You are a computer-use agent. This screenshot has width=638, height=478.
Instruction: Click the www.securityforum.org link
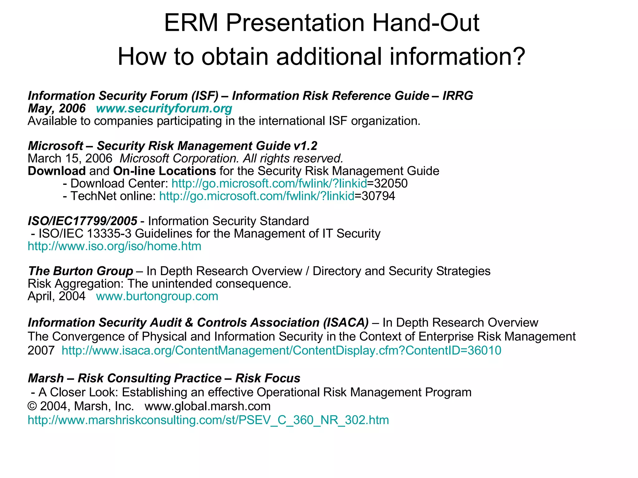(x=164, y=109)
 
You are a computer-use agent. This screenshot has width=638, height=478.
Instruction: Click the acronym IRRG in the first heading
(x=458, y=96)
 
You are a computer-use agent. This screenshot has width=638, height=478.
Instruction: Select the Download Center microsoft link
(x=269, y=184)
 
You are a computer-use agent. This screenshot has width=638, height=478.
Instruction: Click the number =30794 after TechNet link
(x=375, y=196)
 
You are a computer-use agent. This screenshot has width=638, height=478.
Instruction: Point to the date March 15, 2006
(x=70, y=158)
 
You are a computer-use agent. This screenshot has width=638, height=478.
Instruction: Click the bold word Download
(x=56, y=171)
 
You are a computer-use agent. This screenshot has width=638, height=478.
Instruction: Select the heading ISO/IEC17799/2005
(x=82, y=221)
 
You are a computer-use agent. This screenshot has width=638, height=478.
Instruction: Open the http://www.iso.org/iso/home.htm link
(x=114, y=246)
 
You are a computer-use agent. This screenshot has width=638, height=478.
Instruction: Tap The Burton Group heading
(x=80, y=271)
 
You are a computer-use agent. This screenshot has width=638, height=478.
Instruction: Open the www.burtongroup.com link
(x=157, y=296)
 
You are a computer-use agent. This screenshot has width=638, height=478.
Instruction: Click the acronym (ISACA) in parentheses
(x=346, y=323)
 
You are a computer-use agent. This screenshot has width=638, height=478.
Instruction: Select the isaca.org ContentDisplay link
(x=281, y=351)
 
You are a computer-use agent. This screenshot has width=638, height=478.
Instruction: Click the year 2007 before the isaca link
(x=41, y=351)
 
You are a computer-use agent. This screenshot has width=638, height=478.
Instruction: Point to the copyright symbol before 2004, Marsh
(x=32, y=406)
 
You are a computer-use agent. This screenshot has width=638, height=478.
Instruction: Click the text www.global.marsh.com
(x=207, y=406)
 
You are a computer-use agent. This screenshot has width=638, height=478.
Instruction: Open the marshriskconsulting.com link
(x=208, y=420)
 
